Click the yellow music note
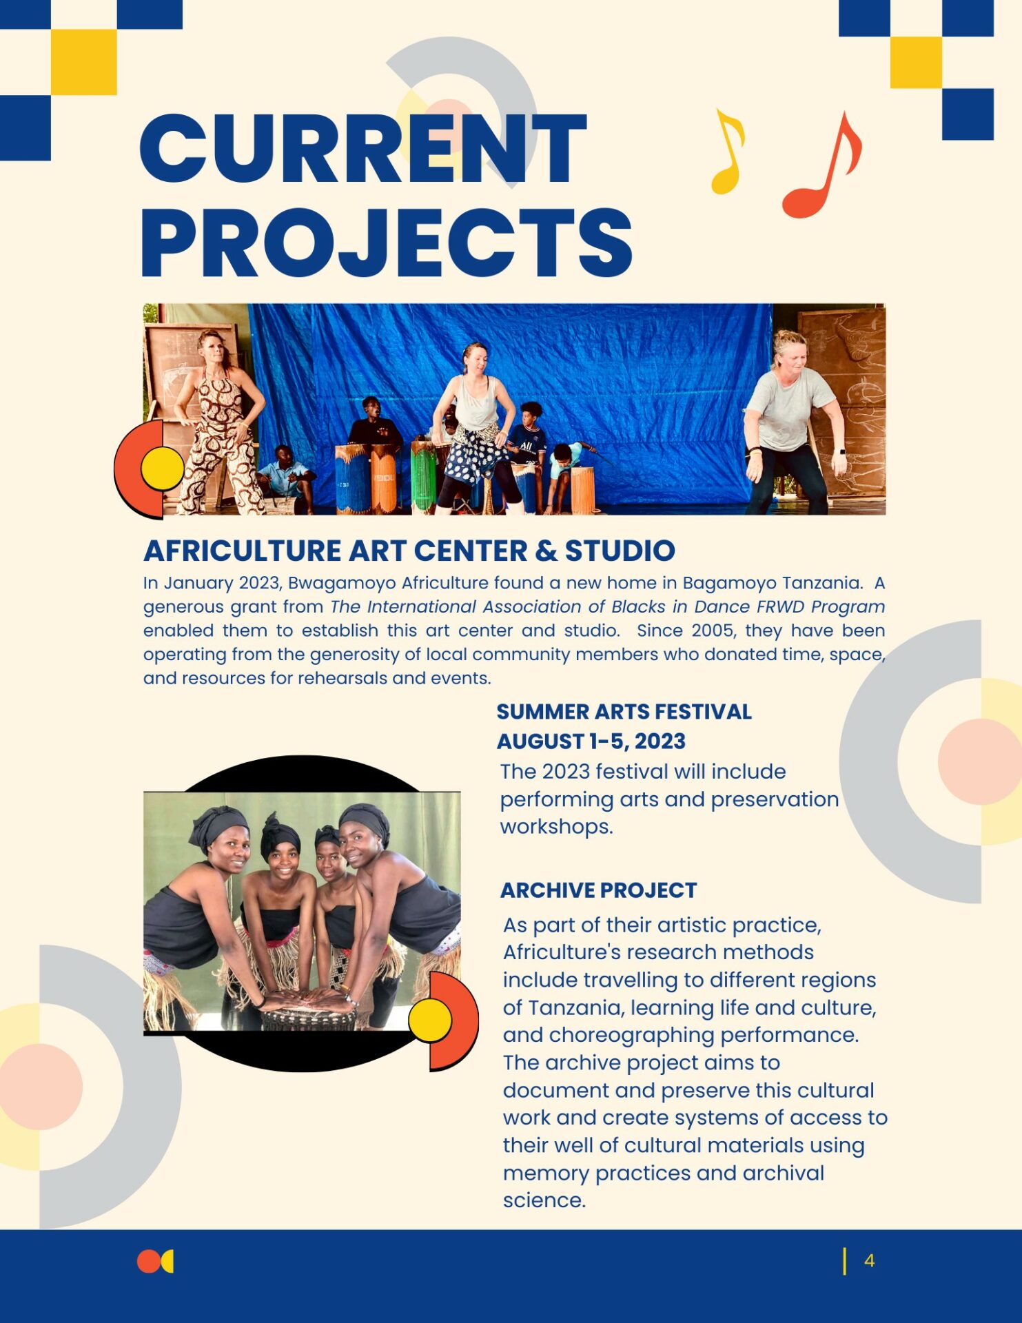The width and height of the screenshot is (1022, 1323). tap(728, 151)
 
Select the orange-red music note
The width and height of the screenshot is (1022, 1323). tap(822, 165)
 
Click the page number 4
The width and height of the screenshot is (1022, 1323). tap(869, 1261)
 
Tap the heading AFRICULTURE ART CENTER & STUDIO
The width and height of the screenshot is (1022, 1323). tap(409, 551)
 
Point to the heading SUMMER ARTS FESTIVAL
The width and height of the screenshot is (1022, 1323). tap(624, 712)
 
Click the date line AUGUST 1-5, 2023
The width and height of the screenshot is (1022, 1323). tap(591, 741)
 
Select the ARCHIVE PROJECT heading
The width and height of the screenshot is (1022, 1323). tap(599, 890)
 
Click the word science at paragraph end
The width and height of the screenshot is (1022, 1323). tap(544, 1200)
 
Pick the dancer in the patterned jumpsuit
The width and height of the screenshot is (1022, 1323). tap(218, 422)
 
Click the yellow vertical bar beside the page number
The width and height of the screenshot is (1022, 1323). tap(844, 1261)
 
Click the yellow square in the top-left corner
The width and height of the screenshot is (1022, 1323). tap(83, 62)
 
